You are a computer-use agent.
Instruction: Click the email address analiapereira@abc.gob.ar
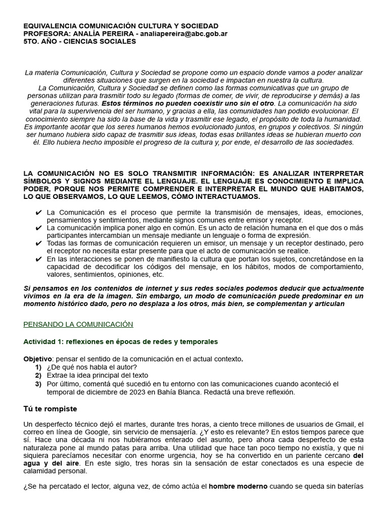click(x=185, y=33)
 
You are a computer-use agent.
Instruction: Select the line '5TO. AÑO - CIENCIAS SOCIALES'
click(x=80, y=41)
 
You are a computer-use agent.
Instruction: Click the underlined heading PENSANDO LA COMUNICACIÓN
click(x=78, y=324)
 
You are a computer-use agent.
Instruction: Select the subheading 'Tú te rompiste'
click(x=51, y=408)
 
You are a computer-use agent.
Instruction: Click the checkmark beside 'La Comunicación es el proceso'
click(x=39, y=213)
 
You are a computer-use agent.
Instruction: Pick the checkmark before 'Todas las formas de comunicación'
click(x=39, y=243)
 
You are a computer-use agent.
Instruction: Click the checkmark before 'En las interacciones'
click(x=39, y=259)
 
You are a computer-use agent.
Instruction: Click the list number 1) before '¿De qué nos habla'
click(x=38, y=367)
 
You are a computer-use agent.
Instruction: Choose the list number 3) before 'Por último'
click(x=38, y=384)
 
